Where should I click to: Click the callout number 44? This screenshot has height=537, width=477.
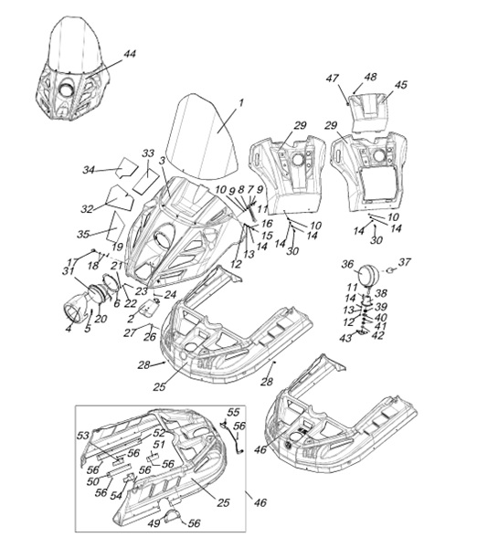[130, 54]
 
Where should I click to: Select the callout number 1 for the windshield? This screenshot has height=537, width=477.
[240, 102]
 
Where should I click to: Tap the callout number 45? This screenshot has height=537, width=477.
[400, 84]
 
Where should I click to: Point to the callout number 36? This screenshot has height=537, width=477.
[348, 264]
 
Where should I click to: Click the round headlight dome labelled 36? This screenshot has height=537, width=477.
[369, 274]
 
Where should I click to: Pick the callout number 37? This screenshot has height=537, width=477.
[404, 262]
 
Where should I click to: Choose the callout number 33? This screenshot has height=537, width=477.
[148, 153]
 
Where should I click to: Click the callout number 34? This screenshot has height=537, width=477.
[89, 170]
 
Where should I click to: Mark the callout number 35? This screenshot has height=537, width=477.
[83, 234]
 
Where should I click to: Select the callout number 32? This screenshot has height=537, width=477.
[87, 208]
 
